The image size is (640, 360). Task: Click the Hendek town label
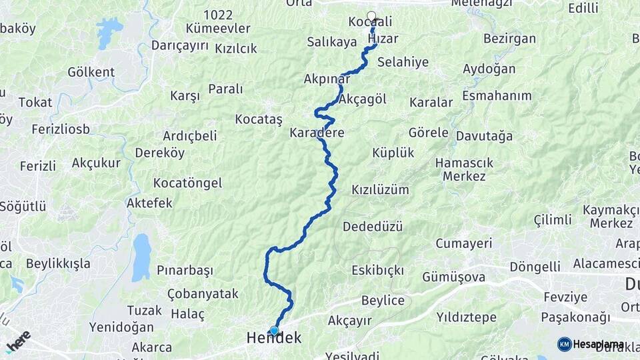pos(274,339)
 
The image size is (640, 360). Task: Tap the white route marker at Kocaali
pos(371,16)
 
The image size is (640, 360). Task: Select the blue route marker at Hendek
pos(274,331)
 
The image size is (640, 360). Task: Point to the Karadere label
pos(317,133)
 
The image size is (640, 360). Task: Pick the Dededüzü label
pos(373,227)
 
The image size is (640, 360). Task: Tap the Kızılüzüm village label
pos(380,190)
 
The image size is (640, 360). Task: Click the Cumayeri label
pos(464,243)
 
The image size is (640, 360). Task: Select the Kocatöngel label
pos(187,183)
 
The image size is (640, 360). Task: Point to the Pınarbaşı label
pos(185,271)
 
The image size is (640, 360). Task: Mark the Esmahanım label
pos(497,96)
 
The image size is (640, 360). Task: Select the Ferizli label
pos(38,166)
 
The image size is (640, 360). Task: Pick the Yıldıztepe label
pos(467,316)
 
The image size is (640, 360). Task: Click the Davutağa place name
pos(485,136)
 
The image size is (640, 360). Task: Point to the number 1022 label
pos(218,15)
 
